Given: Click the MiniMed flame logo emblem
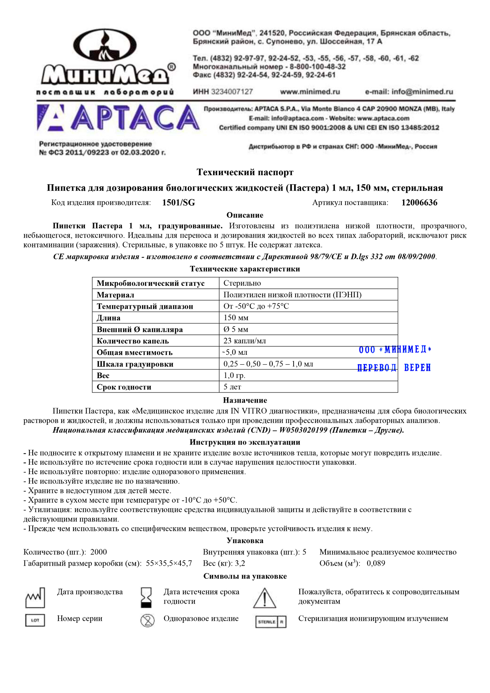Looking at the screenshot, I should click(x=107, y=46).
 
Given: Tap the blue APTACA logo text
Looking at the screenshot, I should click(x=135, y=118).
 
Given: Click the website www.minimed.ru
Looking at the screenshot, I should click(x=310, y=92).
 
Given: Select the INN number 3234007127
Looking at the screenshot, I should click(x=232, y=92).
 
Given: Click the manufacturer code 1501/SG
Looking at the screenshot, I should click(x=178, y=203).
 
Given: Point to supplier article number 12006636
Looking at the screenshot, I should click(x=419, y=203).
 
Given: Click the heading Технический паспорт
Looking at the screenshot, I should click(x=245, y=172).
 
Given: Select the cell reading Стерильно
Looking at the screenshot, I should click(x=242, y=283).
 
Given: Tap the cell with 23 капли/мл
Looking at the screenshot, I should click(x=245, y=341).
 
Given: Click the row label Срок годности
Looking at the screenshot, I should click(x=124, y=387).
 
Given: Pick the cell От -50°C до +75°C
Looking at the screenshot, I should click(x=256, y=306).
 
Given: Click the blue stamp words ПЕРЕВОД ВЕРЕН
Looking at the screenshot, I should click(x=394, y=368).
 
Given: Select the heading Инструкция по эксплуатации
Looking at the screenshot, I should click(x=245, y=442).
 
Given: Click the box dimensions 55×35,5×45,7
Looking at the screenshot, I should click(x=169, y=563).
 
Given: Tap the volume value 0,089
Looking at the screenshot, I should click(x=376, y=563).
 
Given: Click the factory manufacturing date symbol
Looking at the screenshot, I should click(x=35, y=598).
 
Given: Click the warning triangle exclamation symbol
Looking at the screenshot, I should click(x=265, y=598).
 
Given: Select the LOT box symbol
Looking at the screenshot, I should click(x=35, y=620).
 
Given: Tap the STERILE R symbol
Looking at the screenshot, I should click(x=271, y=622).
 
